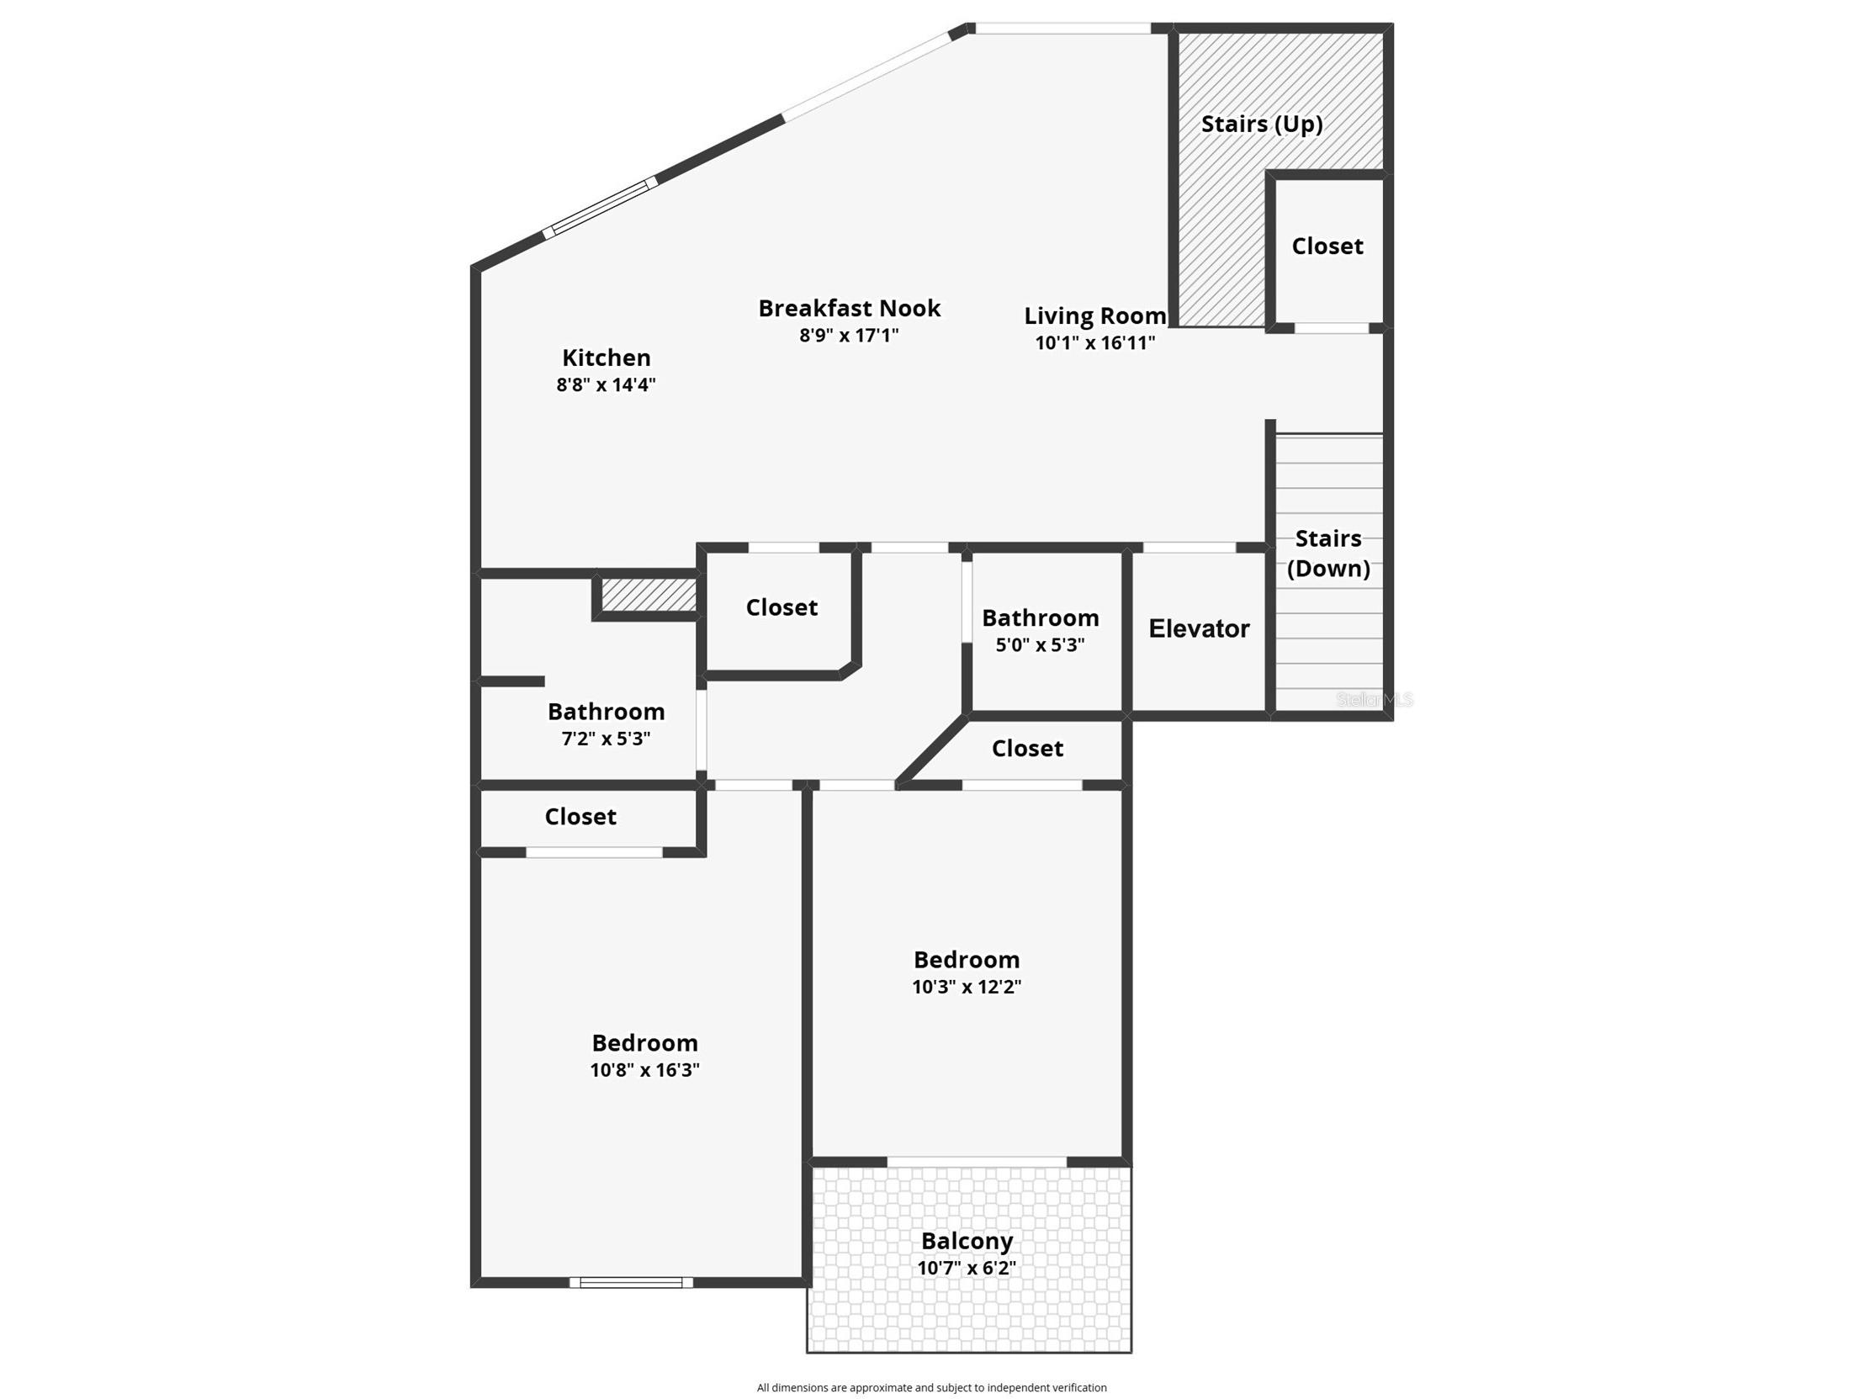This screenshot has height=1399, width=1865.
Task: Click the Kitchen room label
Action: (607, 358)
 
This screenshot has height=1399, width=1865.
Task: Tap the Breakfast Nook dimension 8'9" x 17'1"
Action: (849, 335)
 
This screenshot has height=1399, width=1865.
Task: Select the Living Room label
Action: (1095, 316)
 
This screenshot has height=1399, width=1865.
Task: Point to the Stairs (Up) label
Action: (1261, 124)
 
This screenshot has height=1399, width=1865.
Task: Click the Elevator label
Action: (1199, 628)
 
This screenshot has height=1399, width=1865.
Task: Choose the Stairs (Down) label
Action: (1328, 554)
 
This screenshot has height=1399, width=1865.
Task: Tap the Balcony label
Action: (967, 1242)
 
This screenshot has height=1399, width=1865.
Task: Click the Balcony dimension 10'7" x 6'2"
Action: (967, 1268)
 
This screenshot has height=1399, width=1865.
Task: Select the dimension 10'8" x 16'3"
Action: (645, 1070)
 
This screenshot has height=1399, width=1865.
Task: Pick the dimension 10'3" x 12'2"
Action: (967, 987)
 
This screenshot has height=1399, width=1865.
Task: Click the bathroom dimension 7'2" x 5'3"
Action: (607, 739)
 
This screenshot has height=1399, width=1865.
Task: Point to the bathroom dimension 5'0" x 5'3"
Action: (1041, 645)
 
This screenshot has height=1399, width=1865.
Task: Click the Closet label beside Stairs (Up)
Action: (1327, 246)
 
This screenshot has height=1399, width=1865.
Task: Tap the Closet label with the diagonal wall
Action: (1027, 749)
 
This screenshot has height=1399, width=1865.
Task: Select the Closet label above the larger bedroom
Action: (580, 817)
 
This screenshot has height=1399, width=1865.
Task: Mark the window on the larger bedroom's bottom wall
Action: (632, 1283)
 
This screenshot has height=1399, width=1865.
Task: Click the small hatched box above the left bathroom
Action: (649, 595)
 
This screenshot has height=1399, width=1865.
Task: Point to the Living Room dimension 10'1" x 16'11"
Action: (1095, 342)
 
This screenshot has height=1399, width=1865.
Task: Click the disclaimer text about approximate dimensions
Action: (931, 1387)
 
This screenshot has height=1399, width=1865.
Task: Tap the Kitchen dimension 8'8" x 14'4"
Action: (607, 384)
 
